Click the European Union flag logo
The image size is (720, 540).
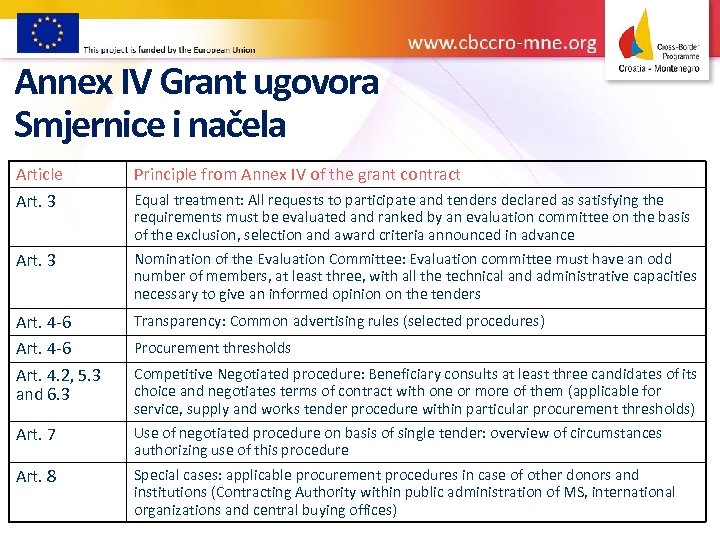pyautogui.click(x=47, y=32)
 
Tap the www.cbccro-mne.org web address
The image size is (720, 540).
pyautogui.click(x=502, y=43)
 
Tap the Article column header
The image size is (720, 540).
pyautogui.click(x=39, y=174)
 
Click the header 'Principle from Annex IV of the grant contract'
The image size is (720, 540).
pyautogui.click(x=297, y=174)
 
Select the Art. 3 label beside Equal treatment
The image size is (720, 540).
pyautogui.click(x=36, y=200)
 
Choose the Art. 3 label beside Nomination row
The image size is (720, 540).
pyautogui.click(x=36, y=261)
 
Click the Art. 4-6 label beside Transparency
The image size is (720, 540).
pyautogui.click(x=43, y=322)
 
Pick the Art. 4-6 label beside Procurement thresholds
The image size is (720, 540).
pyautogui.click(x=43, y=348)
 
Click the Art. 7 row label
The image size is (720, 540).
pyautogui.click(x=36, y=434)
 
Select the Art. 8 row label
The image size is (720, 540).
pyautogui.click(x=36, y=476)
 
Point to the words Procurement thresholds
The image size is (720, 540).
pyautogui.click(x=212, y=348)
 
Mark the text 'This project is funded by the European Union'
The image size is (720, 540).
pyautogui.click(x=169, y=48)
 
